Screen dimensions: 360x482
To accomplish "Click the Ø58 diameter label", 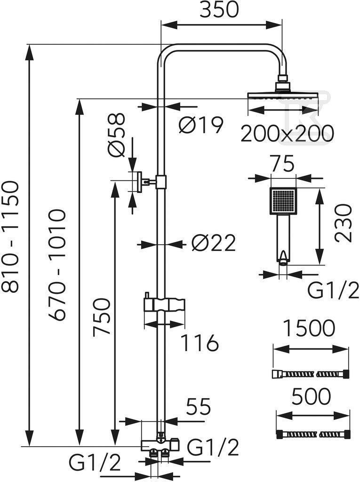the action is pyautogui.click(x=117, y=135).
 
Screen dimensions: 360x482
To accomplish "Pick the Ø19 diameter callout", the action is pyautogui.click(x=201, y=125).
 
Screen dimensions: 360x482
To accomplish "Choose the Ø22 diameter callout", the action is pyautogui.click(x=213, y=242).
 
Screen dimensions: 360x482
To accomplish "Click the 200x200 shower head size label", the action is pyautogui.click(x=287, y=133).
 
